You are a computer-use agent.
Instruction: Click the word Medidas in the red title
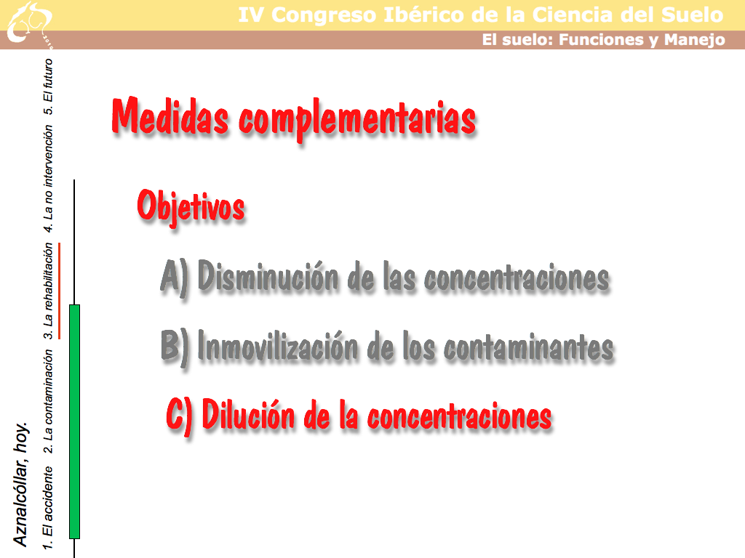[x=170, y=116]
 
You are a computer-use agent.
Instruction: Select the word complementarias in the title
[x=356, y=121]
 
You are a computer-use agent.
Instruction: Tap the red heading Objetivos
[x=191, y=206]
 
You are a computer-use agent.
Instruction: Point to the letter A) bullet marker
[x=175, y=277]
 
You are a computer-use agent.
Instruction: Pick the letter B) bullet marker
[x=175, y=347]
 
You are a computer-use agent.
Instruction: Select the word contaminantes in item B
[x=528, y=347]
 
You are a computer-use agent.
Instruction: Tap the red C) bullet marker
[x=179, y=416]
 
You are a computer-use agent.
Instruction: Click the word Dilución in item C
[x=249, y=414]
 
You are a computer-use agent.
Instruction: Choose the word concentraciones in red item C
[x=460, y=416]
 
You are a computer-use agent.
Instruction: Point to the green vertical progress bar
[x=75, y=421]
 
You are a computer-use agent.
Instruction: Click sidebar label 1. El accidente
[x=47, y=508]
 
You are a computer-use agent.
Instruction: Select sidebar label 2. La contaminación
[x=48, y=401]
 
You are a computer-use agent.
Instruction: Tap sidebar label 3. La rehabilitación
[x=48, y=291]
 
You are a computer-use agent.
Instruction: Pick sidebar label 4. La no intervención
[x=48, y=179]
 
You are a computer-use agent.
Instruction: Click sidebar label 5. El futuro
[x=48, y=86]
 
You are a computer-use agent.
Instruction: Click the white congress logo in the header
[x=29, y=24]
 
